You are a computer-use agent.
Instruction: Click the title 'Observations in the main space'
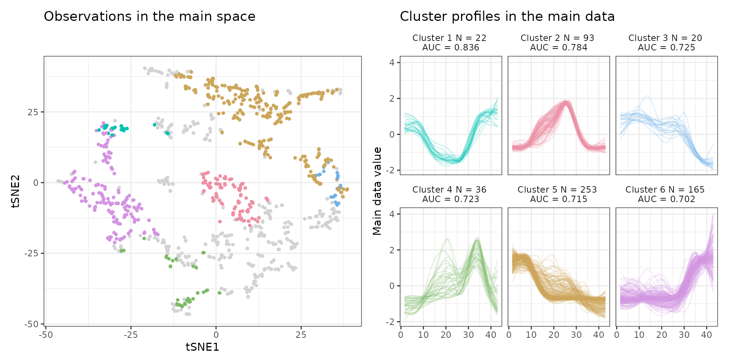(x=149, y=17)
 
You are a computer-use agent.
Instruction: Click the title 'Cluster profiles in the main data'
(x=507, y=17)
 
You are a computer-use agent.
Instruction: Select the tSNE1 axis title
(x=202, y=347)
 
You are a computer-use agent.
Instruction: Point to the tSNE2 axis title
(x=16, y=191)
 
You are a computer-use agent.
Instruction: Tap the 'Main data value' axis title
(x=377, y=191)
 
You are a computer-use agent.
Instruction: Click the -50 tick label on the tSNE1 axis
(x=46, y=335)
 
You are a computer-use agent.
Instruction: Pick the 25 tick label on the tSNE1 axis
(x=301, y=335)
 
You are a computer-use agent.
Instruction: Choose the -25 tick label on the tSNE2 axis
(x=32, y=253)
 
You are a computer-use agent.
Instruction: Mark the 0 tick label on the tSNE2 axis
(x=36, y=183)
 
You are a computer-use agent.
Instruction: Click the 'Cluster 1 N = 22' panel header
(x=449, y=38)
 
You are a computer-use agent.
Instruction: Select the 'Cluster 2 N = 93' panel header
(x=557, y=38)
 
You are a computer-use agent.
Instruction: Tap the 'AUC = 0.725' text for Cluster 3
(x=666, y=48)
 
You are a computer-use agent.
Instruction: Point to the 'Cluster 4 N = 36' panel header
(x=449, y=190)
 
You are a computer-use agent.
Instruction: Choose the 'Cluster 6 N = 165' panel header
(x=665, y=190)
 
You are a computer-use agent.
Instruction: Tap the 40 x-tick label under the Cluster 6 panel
(x=706, y=335)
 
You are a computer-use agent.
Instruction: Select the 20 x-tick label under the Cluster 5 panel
(x=554, y=335)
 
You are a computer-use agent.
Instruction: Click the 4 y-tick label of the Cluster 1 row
(x=392, y=63)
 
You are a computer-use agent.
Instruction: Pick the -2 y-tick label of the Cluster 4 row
(x=390, y=322)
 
